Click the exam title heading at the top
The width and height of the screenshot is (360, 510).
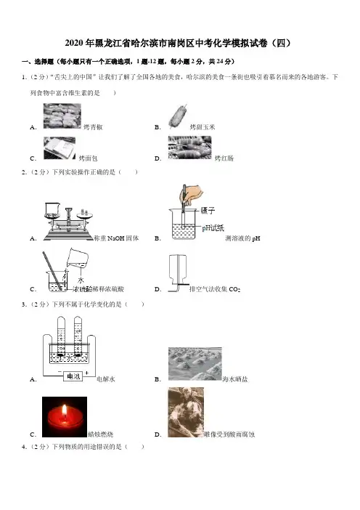coord(178,44)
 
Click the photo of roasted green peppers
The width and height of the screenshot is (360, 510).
coord(62,116)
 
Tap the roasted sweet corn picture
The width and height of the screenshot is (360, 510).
coord(178,116)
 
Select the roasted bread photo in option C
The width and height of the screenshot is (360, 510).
coord(60,148)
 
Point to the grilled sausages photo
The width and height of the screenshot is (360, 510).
coord(189,147)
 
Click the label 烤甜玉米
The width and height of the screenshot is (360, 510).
coord(202,127)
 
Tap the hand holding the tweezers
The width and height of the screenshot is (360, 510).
coord(192,195)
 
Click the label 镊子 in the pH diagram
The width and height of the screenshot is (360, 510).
coord(208,211)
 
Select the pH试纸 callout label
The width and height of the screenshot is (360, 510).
coord(213,228)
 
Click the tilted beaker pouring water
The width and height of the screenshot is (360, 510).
coord(77,259)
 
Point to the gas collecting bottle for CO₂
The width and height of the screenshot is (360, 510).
coord(177,270)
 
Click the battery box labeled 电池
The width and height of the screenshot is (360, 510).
coord(73,376)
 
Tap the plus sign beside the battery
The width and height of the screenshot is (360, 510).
coord(87,373)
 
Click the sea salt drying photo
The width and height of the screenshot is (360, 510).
coord(195,364)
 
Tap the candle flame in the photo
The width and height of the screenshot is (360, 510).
coord(65,410)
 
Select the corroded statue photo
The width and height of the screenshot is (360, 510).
coord(186,412)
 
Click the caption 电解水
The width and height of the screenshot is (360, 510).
coord(106,379)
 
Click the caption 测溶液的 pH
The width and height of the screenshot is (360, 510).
coord(242,238)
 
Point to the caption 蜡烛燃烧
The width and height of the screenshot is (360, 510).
coord(100,434)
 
